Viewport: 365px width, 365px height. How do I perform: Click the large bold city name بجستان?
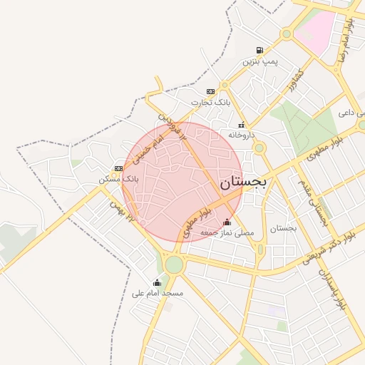[243, 182]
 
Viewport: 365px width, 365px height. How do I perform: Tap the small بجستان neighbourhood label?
[283, 228]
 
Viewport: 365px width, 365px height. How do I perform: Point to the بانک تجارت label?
[211, 103]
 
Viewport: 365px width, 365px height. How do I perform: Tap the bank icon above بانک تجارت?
[210, 92]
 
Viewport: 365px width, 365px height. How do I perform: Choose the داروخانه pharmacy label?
[242, 134]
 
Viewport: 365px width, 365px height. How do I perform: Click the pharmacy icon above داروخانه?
[242, 124]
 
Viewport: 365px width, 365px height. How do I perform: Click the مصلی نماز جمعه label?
[227, 233]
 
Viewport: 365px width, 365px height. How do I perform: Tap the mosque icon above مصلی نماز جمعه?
[227, 222]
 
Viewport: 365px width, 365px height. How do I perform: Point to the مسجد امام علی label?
[158, 293]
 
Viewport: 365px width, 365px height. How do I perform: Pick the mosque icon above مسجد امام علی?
[157, 282]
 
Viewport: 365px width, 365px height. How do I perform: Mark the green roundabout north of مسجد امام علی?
[173, 264]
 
